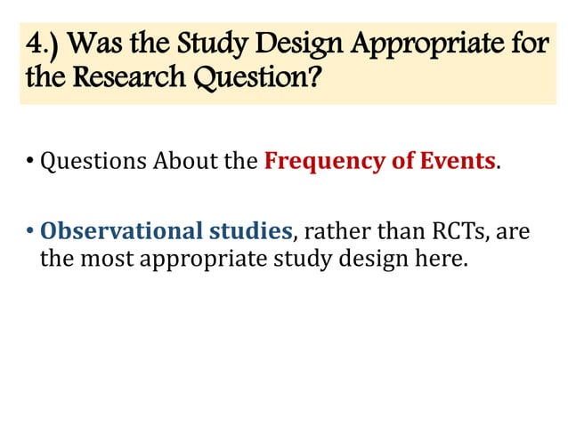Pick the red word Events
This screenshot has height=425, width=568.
(x=457, y=162)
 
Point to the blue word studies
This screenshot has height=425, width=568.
(x=250, y=232)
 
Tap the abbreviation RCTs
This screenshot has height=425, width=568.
(x=456, y=232)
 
